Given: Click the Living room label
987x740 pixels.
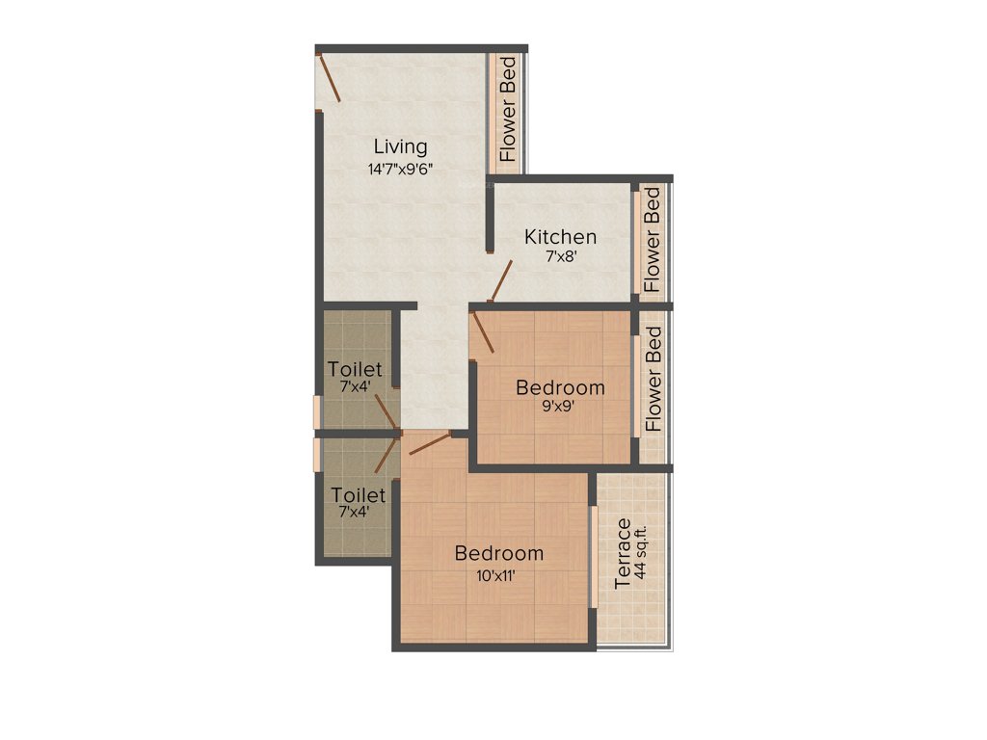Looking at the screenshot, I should [x=400, y=146].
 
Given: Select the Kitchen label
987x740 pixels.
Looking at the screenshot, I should [x=560, y=236].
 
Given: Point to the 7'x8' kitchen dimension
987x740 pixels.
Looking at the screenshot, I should [x=560, y=257].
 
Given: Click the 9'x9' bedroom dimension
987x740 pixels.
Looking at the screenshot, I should [x=560, y=408].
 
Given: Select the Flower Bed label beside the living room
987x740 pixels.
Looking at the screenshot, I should [x=507, y=108].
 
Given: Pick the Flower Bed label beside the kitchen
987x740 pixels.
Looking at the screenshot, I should [x=653, y=240].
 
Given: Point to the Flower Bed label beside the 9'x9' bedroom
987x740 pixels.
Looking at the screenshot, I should [x=654, y=379].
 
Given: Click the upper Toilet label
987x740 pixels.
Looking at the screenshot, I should [x=355, y=369].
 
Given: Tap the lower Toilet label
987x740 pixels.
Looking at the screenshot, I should [x=359, y=495].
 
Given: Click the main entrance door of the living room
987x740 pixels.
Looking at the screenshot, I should [x=329, y=78].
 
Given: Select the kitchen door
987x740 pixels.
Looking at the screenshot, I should [x=499, y=281].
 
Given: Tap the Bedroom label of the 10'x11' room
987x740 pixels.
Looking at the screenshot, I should [x=499, y=554].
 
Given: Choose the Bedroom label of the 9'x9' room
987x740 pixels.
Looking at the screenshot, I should [x=560, y=387].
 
